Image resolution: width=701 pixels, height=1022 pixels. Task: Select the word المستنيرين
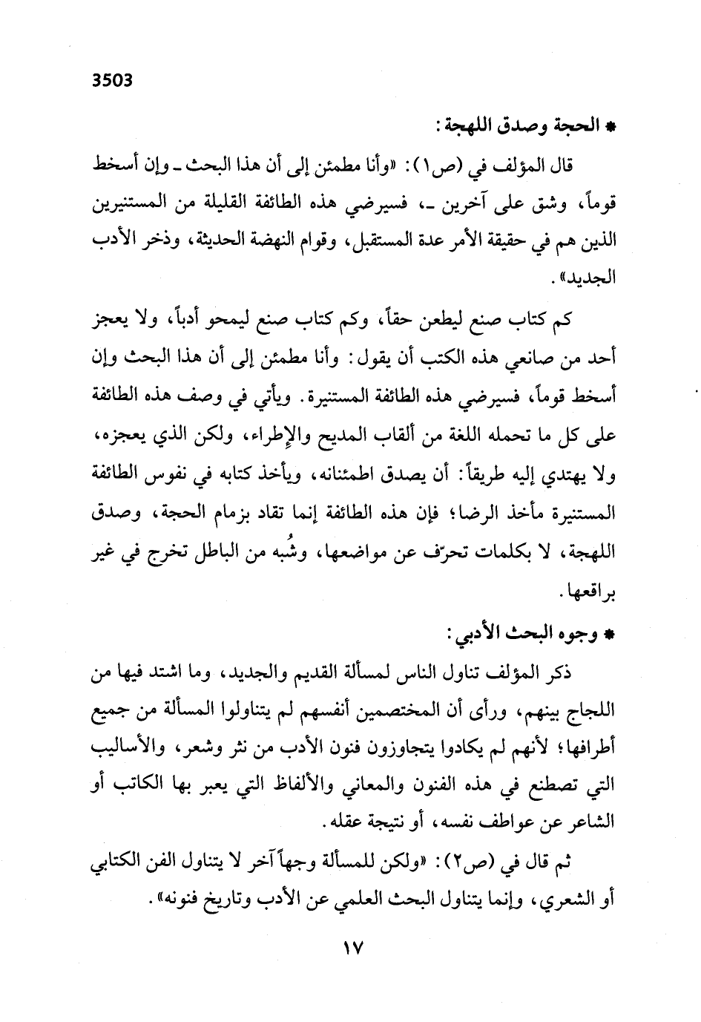[x=138, y=203]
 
